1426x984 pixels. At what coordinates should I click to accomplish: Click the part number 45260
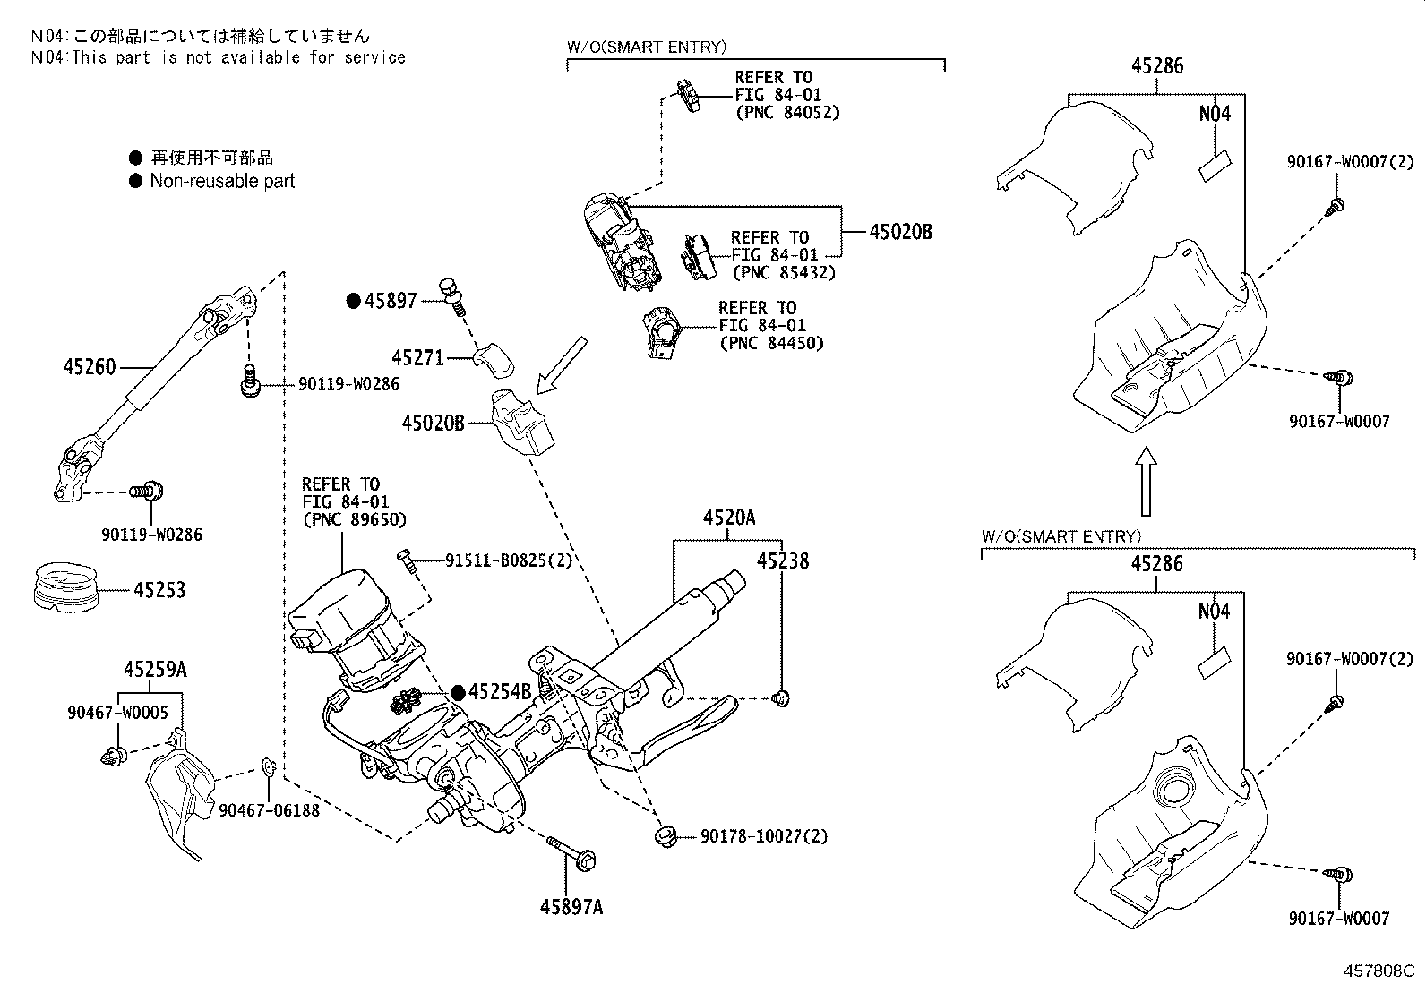[90, 367]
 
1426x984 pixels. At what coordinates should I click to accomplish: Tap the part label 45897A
[571, 907]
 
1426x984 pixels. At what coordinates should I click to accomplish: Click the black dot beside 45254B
[458, 691]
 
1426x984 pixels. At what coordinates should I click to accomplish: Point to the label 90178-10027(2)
[763, 836]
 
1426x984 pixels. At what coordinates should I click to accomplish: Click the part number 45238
[782, 561]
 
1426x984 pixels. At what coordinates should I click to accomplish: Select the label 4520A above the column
[728, 518]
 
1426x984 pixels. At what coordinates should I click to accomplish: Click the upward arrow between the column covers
[1146, 481]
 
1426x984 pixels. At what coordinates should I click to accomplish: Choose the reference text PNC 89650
[354, 519]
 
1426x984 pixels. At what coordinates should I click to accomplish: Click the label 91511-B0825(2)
[508, 561]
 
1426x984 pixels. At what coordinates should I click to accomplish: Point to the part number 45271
[417, 358]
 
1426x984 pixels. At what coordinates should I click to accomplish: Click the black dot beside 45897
[353, 301]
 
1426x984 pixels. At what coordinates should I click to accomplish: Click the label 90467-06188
[269, 809]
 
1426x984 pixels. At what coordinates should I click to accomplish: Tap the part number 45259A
[155, 669]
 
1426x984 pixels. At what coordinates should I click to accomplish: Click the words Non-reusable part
[222, 181]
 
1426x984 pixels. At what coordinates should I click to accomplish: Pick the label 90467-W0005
[117, 713]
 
